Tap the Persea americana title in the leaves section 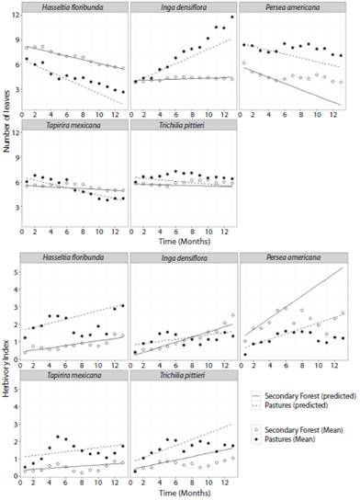294,8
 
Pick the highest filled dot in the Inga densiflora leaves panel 232,17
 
